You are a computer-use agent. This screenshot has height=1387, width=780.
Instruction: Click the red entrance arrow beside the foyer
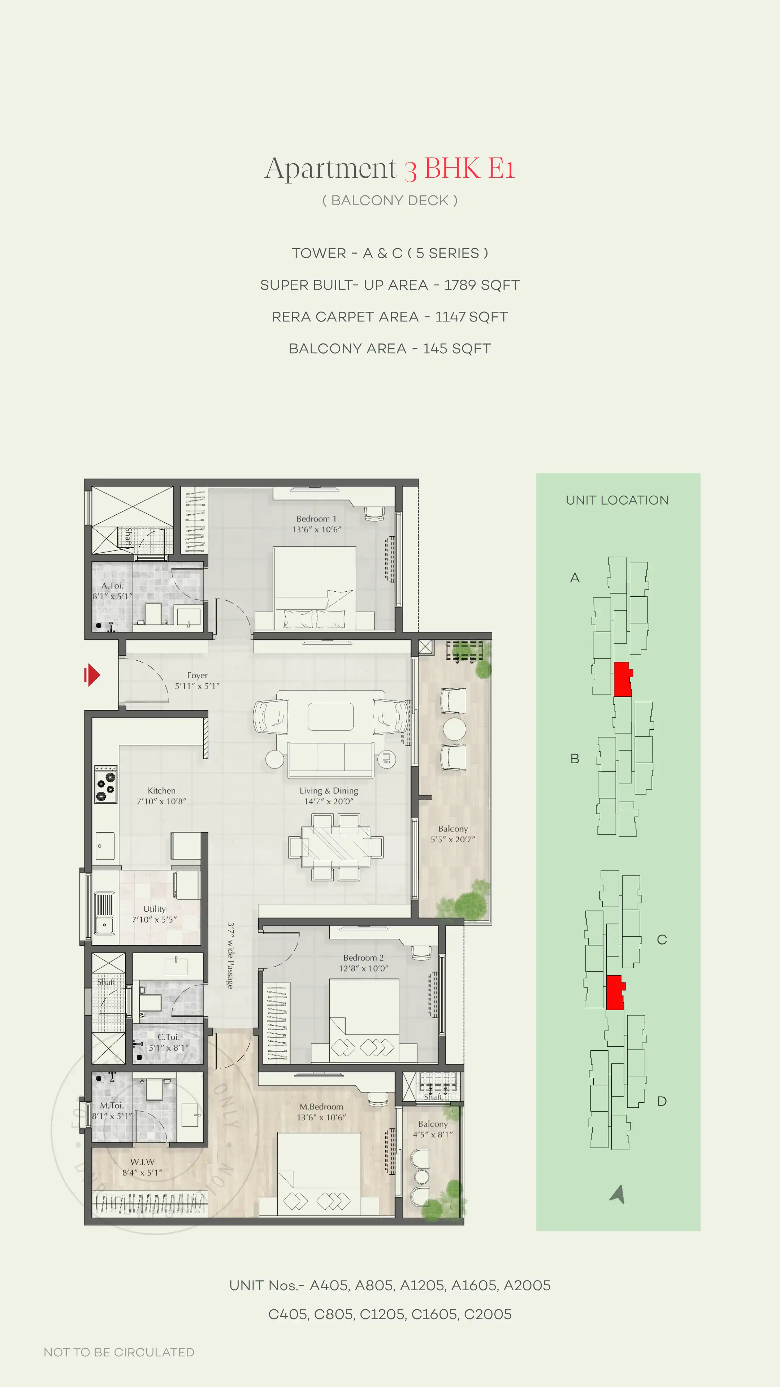[x=92, y=675]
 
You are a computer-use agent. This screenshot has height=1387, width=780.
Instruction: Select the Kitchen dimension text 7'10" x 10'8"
[x=161, y=801]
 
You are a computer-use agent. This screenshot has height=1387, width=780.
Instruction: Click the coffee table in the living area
[x=330, y=717]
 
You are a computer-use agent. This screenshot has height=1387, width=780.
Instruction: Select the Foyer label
[x=197, y=675]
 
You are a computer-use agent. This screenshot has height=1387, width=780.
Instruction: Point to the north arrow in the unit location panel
[x=618, y=1194]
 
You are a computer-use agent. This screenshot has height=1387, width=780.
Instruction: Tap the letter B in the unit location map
[x=575, y=759]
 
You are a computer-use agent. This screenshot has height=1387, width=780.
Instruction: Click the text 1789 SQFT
[x=481, y=285]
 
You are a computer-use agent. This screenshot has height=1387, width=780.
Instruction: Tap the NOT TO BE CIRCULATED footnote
[x=119, y=1352]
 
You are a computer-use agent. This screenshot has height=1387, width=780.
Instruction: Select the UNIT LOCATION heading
[x=617, y=500]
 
